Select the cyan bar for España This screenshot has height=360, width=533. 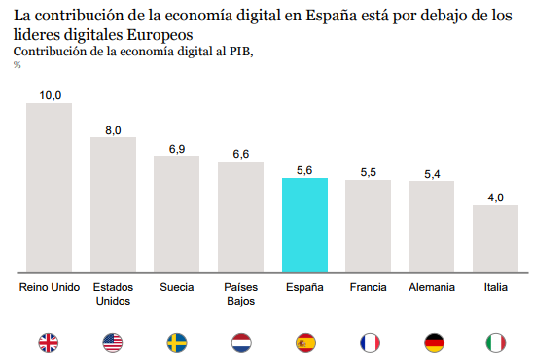[304, 225]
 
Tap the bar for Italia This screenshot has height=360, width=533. [495, 238]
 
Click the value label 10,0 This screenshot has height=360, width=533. [50, 94]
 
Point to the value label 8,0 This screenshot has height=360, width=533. [113, 129]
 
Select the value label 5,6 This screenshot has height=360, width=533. [304, 170]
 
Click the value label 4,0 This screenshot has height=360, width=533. [495, 198]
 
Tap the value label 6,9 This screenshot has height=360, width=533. [177, 148]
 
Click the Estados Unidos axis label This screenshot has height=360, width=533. [113, 293]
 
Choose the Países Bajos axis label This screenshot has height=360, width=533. [240, 293]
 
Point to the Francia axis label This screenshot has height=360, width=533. [368, 287]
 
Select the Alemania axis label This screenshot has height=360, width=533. [432, 287]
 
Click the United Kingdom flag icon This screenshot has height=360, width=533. [49, 342]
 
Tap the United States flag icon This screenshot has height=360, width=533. [113, 342]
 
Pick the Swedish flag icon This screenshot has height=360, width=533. [177, 342]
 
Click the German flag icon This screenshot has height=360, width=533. [432, 342]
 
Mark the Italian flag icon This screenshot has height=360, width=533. [495, 342]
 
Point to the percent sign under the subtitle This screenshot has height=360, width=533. [18, 65]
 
